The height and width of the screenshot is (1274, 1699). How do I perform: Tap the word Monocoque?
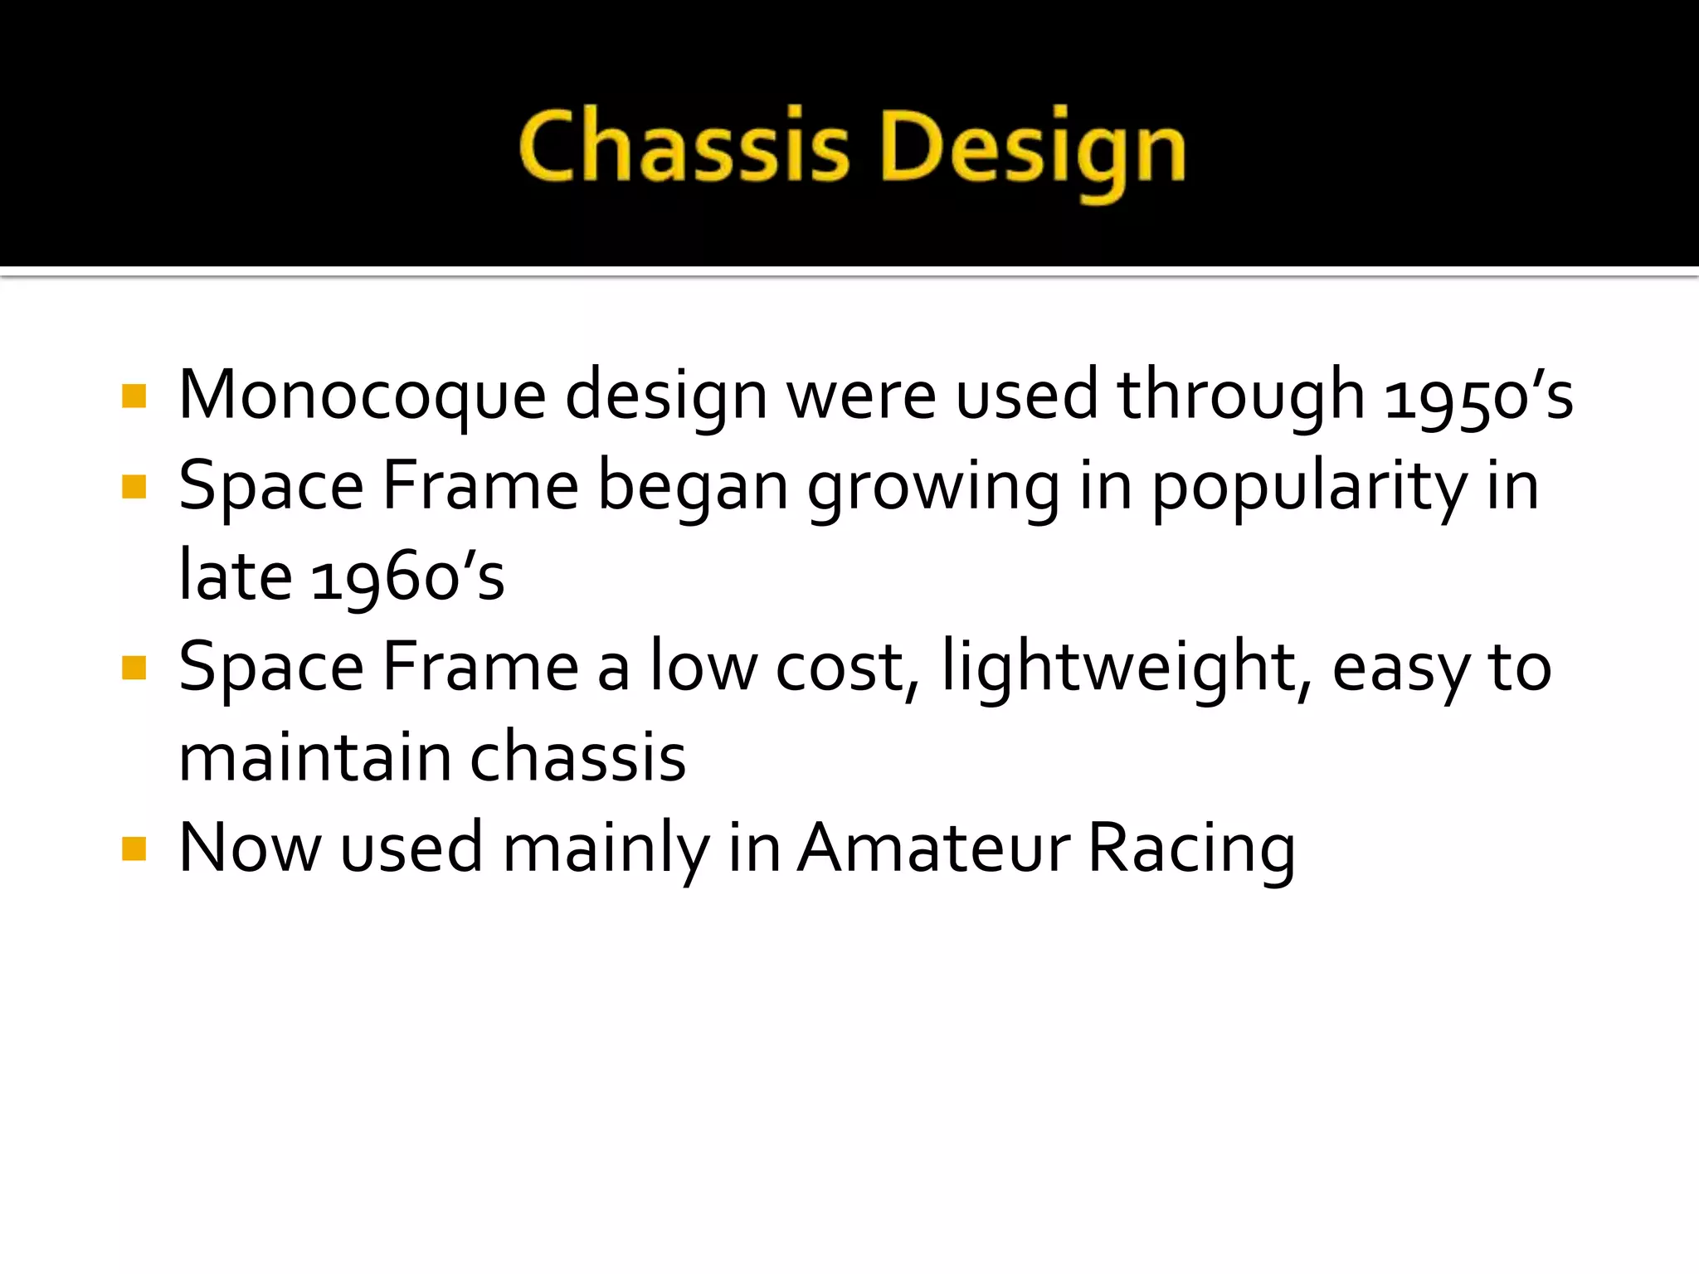point(362,396)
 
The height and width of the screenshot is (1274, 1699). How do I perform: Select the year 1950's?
point(1477,396)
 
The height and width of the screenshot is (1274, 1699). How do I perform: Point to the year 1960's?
point(407,577)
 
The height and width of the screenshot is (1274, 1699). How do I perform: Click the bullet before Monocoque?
point(134,396)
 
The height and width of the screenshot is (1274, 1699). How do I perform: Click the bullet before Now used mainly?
point(134,849)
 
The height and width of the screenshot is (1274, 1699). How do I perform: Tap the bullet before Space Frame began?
point(134,486)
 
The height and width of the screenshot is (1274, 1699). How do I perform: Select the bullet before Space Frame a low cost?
point(134,667)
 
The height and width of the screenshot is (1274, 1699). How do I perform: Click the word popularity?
point(1310,488)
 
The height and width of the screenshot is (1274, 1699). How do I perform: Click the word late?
point(236,576)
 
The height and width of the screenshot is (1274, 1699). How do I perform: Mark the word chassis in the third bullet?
point(578,757)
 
